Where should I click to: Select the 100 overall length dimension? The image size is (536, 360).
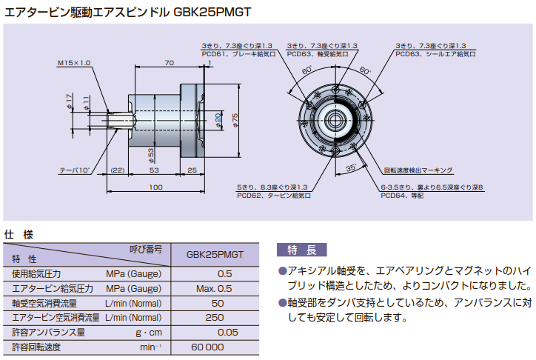click(x=155, y=187)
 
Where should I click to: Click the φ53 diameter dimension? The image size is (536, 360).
click(x=151, y=153)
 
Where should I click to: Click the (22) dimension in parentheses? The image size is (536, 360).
click(x=117, y=170)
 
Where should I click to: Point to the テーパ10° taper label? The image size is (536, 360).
click(x=74, y=170)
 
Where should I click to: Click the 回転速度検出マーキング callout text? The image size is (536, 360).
click(x=418, y=170)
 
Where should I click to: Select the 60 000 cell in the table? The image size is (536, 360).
click(x=207, y=347)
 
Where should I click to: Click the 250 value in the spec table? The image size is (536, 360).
click(x=217, y=317)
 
